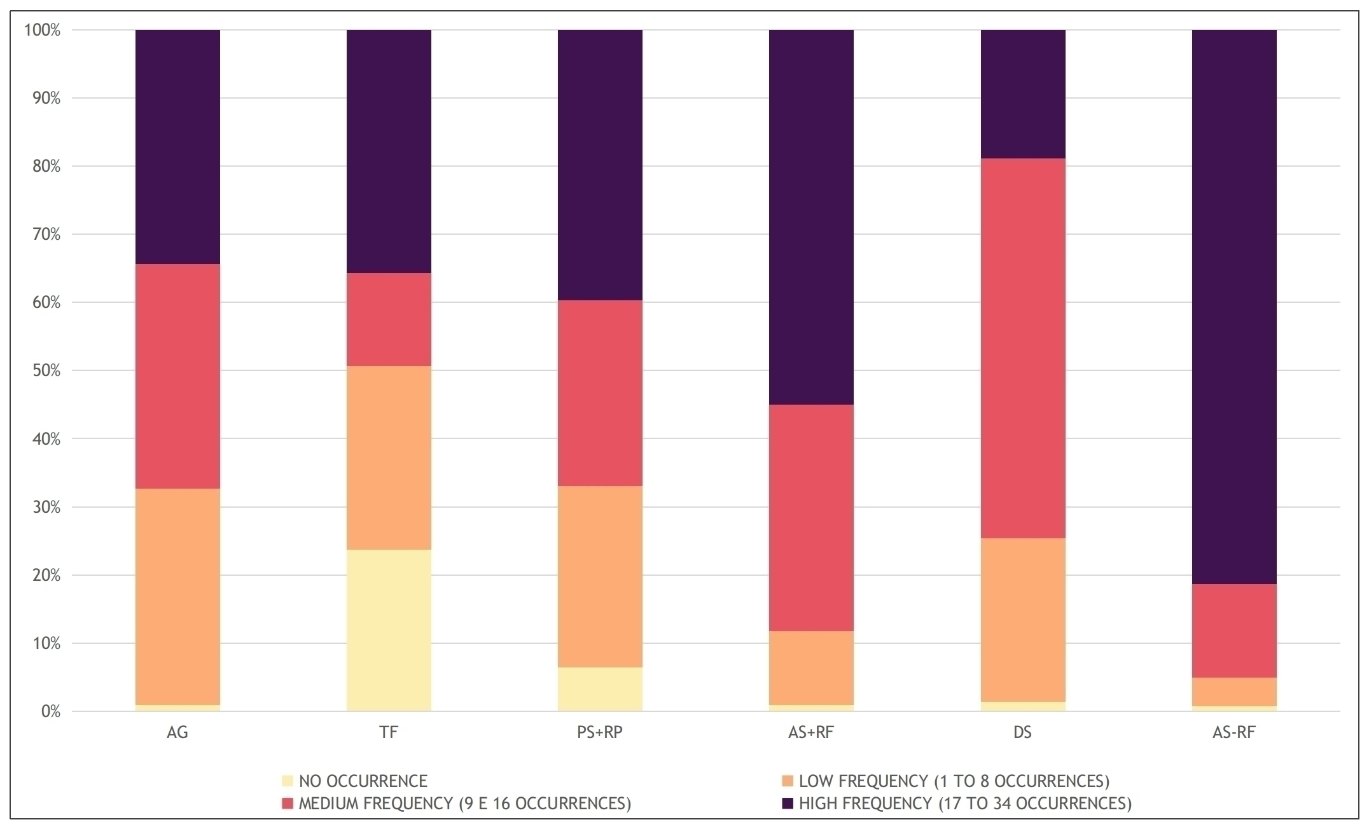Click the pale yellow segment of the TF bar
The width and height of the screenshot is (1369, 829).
(x=389, y=630)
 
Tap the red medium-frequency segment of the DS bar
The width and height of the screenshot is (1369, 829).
(x=1022, y=348)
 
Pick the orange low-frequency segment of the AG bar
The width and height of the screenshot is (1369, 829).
(x=177, y=596)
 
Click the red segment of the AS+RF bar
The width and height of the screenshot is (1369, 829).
(x=811, y=517)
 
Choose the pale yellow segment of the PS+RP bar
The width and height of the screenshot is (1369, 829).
(x=600, y=688)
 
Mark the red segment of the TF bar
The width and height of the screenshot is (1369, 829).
(x=389, y=319)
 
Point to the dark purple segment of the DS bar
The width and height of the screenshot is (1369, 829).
(x=1022, y=94)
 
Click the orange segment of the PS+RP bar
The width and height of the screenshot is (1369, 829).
(x=600, y=576)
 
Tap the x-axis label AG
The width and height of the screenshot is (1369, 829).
(x=177, y=732)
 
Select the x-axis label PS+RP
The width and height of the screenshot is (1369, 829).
(x=600, y=732)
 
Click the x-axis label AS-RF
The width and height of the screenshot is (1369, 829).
(x=1233, y=732)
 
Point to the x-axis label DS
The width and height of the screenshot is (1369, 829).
(x=1022, y=732)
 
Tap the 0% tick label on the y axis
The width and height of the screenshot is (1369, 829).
(x=50, y=711)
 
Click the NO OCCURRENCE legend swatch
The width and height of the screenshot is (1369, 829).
(x=288, y=781)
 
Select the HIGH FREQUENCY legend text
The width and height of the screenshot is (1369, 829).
(x=965, y=804)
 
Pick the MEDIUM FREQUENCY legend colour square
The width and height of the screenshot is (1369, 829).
(x=288, y=804)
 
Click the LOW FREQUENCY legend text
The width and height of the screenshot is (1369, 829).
(x=954, y=781)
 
